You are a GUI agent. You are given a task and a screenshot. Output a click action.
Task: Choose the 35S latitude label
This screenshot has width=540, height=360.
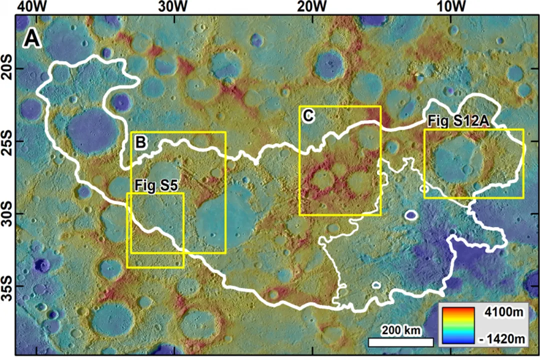[x=7, y=285]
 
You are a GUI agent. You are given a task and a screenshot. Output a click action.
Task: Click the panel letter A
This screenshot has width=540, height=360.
[x=32, y=39]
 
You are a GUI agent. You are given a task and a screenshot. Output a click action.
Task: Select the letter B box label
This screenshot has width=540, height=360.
[x=141, y=142]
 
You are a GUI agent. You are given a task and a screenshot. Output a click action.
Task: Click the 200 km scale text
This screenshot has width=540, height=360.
[x=401, y=330]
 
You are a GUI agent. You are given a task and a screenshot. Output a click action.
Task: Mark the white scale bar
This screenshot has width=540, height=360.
[x=401, y=342]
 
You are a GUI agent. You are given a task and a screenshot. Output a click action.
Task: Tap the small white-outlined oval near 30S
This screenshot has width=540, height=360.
[x=411, y=215]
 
